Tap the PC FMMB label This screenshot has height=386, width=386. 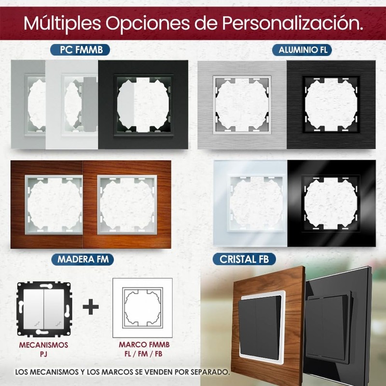(78, 49)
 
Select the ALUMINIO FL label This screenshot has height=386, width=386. (302, 49)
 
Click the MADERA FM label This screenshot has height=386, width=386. (83, 259)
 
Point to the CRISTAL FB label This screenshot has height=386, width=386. (245, 259)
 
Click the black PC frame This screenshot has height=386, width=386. (143, 104)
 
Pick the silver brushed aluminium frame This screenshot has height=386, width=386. (241, 104)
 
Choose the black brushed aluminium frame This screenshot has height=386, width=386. (331, 104)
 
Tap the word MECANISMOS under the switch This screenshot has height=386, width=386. (43, 345)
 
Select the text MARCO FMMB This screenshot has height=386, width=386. (142, 345)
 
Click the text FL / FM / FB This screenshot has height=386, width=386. (142, 354)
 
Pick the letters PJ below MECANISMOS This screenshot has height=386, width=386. (43, 354)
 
